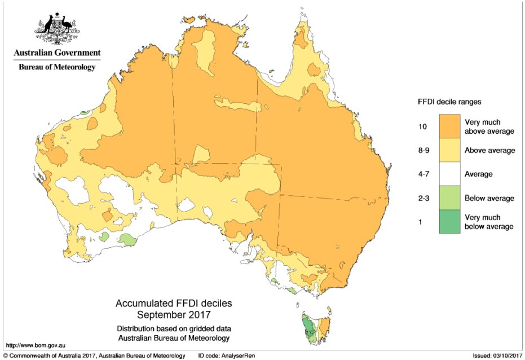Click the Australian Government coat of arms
point(57,28)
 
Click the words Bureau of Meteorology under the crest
point(57,67)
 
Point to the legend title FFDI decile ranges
point(449,102)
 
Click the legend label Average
point(478,174)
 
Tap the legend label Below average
point(489,199)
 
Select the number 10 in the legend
point(422,127)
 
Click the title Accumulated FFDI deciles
point(173,304)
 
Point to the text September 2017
point(173,314)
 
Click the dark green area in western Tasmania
point(307,327)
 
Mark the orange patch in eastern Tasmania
point(324,326)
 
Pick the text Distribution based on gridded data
point(173,329)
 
